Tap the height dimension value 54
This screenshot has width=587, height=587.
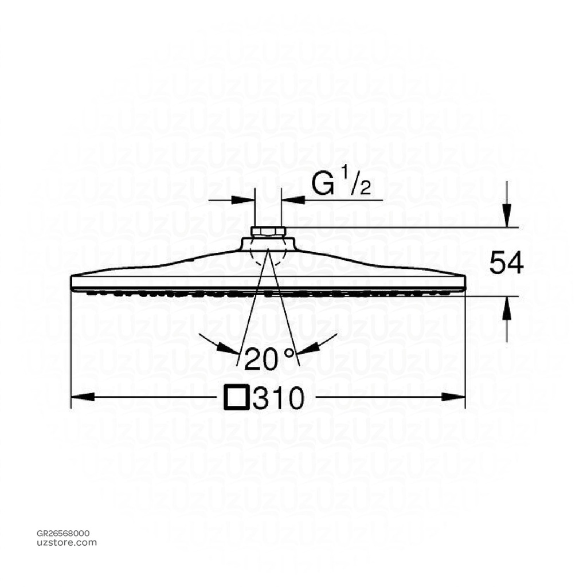506,264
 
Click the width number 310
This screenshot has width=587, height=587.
277,398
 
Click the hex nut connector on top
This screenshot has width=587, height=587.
268,232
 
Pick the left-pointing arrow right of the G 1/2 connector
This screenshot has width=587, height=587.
290,200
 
